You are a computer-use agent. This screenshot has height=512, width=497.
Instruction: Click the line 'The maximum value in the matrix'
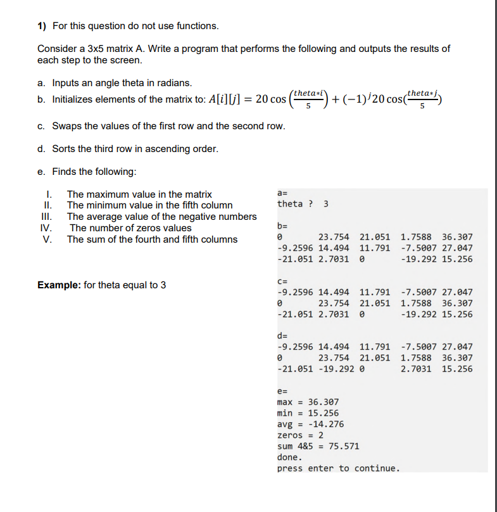[139, 195]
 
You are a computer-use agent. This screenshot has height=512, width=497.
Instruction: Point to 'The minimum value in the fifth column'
[149, 205]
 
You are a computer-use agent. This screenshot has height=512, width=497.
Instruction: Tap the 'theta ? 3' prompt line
[303, 203]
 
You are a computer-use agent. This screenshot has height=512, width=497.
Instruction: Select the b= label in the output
[283, 225]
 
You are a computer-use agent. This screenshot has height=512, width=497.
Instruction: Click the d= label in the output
[283, 335]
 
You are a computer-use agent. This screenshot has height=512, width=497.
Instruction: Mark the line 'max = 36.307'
[308, 402]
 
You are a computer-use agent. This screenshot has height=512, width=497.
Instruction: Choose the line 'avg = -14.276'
[310, 424]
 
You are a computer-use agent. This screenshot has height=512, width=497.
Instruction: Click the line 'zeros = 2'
[301, 435]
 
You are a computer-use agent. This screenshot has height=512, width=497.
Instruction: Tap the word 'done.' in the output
[290, 457]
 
